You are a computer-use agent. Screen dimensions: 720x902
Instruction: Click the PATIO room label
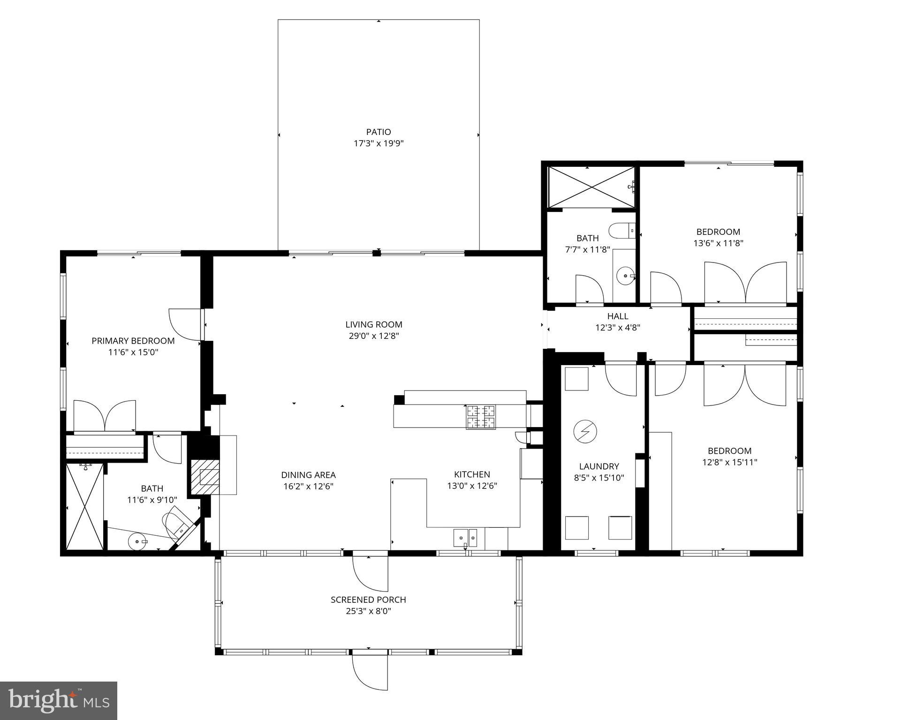(379, 132)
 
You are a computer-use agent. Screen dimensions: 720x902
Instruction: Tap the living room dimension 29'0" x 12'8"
(374, 336)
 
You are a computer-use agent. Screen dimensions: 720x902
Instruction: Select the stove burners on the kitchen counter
(480, 417)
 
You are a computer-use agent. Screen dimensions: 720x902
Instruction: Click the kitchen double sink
(465, 538)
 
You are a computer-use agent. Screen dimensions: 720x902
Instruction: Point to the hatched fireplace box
(205, 477)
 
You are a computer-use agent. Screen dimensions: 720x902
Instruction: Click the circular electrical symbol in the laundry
(585, 431)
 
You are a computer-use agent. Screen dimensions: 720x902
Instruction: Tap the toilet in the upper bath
(622, 231)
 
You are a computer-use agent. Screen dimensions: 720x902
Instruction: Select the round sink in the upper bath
(625, 276)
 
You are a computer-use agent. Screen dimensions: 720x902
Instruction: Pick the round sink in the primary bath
(137, 541)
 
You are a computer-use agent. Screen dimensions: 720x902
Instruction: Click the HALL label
(618, 316)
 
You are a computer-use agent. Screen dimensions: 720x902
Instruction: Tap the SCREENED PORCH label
(368, 600)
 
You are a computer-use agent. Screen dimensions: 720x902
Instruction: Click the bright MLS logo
(59, 700)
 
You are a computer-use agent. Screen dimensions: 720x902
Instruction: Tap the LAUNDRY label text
(599, 466)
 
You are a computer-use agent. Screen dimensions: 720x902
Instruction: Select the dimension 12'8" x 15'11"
(729, 462)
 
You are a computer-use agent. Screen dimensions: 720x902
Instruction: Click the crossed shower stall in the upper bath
(592, 187)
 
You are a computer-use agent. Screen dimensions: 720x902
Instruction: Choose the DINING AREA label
(308, 475)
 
